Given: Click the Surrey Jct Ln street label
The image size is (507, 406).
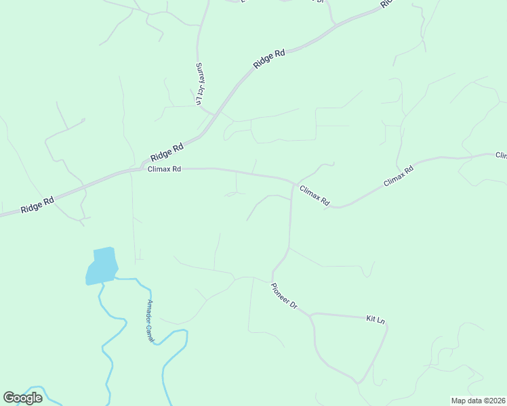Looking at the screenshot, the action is tap(199, 84).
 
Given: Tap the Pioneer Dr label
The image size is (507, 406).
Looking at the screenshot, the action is tap(284, 296).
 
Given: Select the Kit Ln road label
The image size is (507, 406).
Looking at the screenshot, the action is tap(375, 318).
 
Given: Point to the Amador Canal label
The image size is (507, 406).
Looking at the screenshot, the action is tap(151, 320).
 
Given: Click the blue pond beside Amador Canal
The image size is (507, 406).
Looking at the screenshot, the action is tap(101, 265).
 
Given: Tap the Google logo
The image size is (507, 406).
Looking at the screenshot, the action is tap(22, 398).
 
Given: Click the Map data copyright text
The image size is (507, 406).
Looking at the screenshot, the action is tap(479, 401).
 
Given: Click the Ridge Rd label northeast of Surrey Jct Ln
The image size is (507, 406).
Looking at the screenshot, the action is tap(269, 59).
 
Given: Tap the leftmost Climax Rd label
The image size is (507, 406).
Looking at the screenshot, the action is tap(164, 169).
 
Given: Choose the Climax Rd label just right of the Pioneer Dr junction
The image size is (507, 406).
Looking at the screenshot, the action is tap(315, 196).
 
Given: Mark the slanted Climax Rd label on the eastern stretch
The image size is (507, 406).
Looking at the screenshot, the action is tap(398, 177).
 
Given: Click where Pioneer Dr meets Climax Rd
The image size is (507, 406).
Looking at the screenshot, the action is tap(292, 182).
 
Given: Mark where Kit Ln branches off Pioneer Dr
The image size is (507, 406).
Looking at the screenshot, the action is tap(311, 315).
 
